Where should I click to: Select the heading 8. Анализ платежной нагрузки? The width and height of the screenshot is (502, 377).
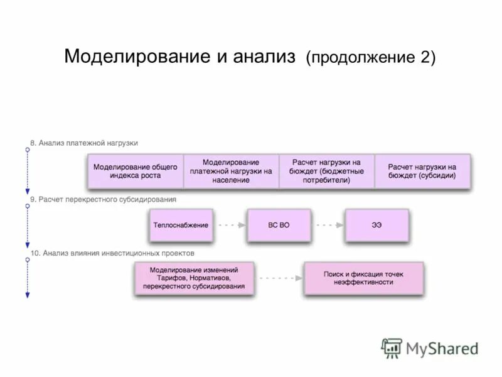(84, 143)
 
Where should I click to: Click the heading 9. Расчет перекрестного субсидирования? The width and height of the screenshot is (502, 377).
(104, 199)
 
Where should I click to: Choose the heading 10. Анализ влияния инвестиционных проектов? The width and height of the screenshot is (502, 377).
(112, 253)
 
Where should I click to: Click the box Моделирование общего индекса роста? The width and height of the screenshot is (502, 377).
(135, 171)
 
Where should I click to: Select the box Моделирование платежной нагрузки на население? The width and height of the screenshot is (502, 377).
(231, 171)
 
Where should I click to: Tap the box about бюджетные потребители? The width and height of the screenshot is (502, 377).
(326, 171)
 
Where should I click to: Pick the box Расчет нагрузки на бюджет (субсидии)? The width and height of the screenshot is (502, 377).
(422, 171)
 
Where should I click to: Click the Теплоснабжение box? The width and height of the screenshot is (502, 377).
(181, 225)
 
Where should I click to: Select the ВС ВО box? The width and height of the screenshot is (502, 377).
(279, 225)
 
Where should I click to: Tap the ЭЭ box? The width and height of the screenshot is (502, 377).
(376, 225)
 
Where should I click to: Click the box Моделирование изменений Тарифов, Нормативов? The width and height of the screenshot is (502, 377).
(194, 278)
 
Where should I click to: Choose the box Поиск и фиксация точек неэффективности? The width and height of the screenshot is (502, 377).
(363, 278)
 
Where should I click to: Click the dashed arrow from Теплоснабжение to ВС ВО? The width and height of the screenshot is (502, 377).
(230, 225)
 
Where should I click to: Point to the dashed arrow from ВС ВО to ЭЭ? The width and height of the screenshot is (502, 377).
(328, 225)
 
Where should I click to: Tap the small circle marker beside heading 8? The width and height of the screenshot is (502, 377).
(27, 149)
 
